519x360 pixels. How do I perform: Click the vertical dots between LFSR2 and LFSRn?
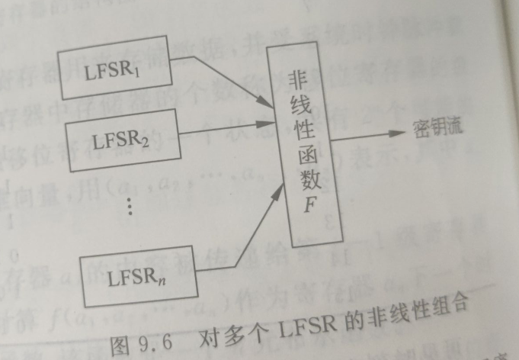(x=130, y=205)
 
